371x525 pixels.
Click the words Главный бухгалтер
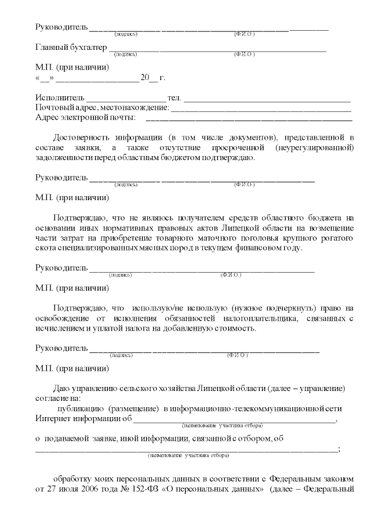71,47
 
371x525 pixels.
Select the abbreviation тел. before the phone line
174,97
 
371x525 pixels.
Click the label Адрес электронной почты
85,118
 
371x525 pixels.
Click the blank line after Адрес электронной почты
249,119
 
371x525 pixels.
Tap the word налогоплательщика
255,318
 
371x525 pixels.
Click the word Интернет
54,418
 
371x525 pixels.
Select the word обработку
72,479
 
